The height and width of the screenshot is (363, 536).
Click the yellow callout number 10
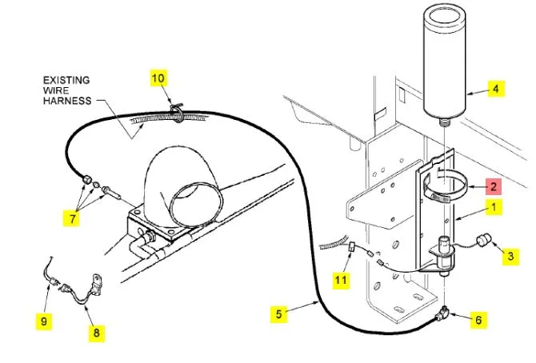[158, 78]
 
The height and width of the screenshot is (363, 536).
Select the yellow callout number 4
[495, 89]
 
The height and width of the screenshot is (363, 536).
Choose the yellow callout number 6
[478, 320]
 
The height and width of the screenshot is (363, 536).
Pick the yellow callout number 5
[278, 314]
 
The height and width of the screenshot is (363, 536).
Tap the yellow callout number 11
[342, 280]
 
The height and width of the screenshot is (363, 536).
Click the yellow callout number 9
[46, 321]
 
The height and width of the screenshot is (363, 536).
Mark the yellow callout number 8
[95, 332]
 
